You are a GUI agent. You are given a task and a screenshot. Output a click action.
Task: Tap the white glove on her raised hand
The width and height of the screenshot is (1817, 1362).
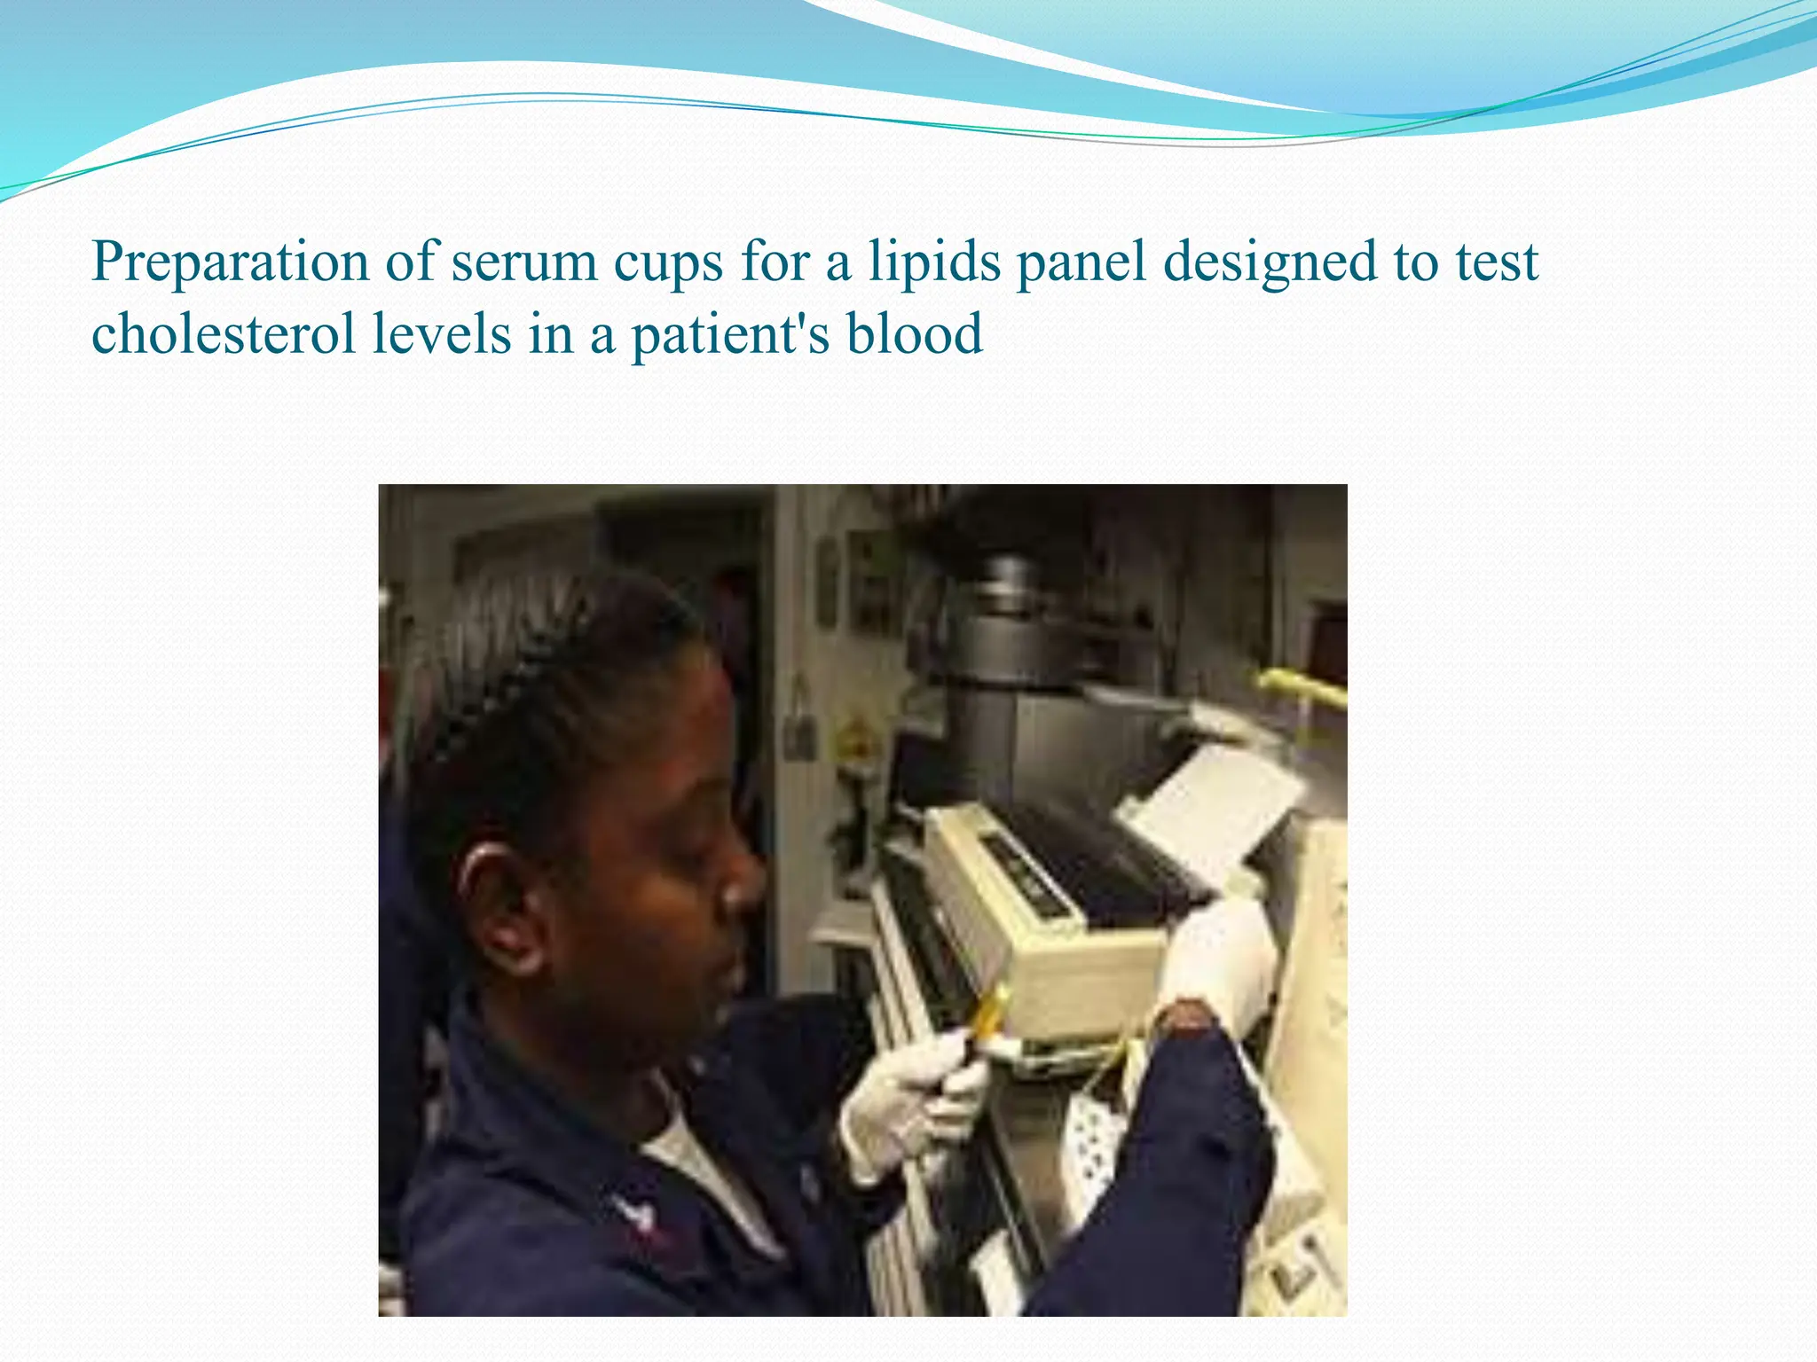click(x=1220, y=958)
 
